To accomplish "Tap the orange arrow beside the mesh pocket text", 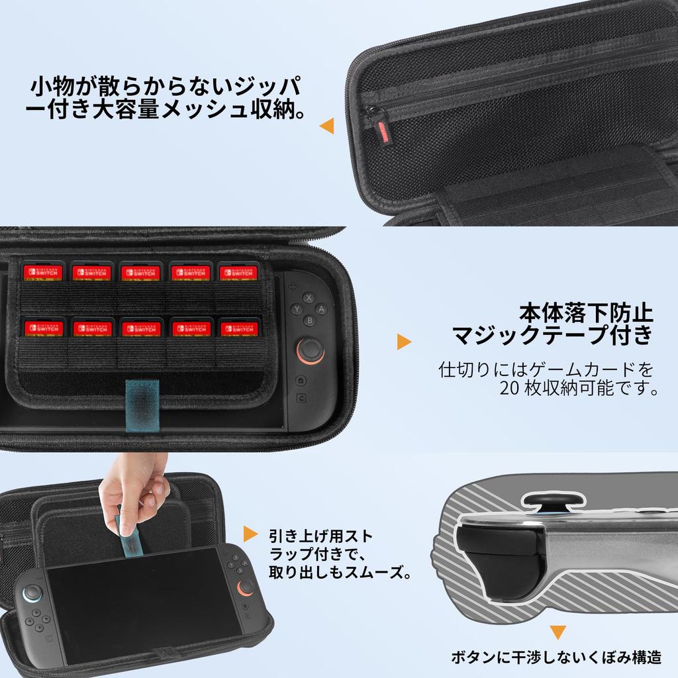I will (326, 126).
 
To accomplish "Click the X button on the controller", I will (308, 297).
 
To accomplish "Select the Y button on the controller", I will (297, 309).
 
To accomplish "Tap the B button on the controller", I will (308, 320).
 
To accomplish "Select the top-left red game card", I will (42, 272).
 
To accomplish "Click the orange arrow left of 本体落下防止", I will (403, 342).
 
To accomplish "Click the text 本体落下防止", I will (586, 312).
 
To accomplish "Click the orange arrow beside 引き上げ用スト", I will (250, 534).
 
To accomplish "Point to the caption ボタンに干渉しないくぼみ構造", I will (556, 657).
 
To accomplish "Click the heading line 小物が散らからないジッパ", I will (166, 87).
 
